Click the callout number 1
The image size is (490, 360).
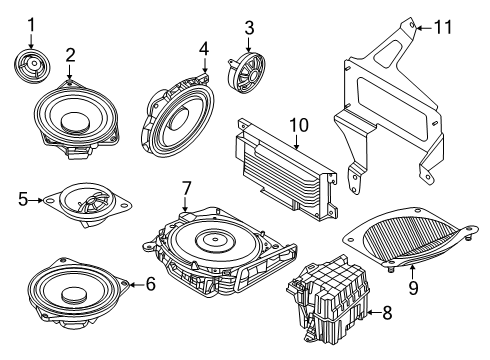pyautogui.click(x=31, y=25)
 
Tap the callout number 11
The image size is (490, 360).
pyautogui.click(x=443, y=27)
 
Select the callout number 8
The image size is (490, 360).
pyautogui.click(x=387, y=313)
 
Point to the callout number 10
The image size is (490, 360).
pyautogui.click(x=299, y=125)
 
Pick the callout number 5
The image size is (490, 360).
pyautogui.click(x=23, y=199)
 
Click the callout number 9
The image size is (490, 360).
pyautogui.click(x=413, y=287)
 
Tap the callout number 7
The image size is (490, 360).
pyautogui.click(x=186, y=189)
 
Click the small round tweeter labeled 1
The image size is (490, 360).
pyautogui.click(x=32, y=66)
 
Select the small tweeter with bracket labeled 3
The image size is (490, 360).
pyautogui.click(x=247, y=73)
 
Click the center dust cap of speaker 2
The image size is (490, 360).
pyautogui.click(x=76, y=121)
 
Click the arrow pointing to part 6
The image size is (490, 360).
pyautogui.click(x=137, y=284)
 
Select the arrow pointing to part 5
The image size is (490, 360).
pyautogui.click(x=36, y=200)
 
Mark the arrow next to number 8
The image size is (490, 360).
pyautogui.click(x=374, y=312)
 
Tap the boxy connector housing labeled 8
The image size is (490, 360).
pyautogui.click(x=328, y=299)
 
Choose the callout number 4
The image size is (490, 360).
pyautogui.click(x=204, y=49)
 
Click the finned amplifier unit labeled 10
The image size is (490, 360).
pyautogui.click(x=287, y=169)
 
